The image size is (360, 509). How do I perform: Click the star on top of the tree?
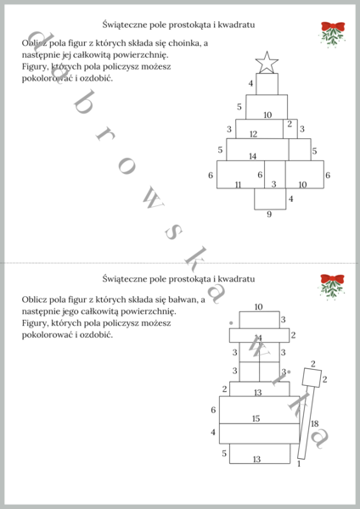tap(267, 61)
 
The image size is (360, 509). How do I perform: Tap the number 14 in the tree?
tap(253, 156)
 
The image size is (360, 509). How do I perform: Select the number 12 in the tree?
tap(253, 134)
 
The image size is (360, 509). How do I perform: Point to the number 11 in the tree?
tap(239, 184)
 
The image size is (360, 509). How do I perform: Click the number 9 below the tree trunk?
tap(269, 215)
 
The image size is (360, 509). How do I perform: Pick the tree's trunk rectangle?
tap(270, 198)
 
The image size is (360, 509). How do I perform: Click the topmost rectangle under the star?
tap(267, 84)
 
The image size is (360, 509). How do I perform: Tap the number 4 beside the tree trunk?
tap(291, 199)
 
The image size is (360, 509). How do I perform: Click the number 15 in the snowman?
tap(256, 418)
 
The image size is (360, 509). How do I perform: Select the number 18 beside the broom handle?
tap(314, 423)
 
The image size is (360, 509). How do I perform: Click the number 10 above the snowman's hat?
tap(258, 306)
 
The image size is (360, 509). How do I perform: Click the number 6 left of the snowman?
tap(213, 411)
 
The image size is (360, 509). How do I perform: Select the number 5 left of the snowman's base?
tap(225, 454)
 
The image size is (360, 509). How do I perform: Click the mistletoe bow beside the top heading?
tap(332, 33)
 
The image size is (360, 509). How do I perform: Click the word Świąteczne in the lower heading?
tap(123, 278)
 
